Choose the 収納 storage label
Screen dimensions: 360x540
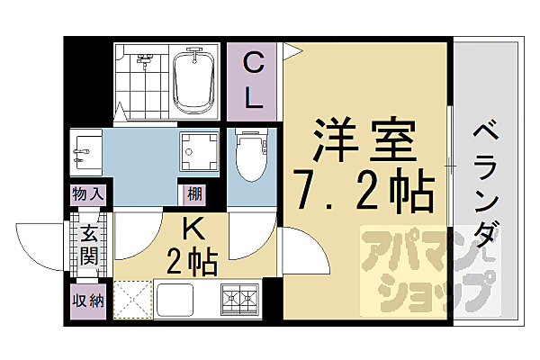(x=89, y=299)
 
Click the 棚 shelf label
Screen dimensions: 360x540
(x=194, y=193)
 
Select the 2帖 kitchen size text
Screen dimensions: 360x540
(x=193, y=262)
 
